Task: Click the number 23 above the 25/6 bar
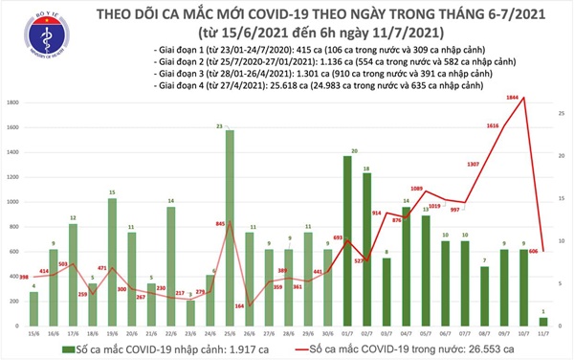point(220,125)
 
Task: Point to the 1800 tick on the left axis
point(12,102)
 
